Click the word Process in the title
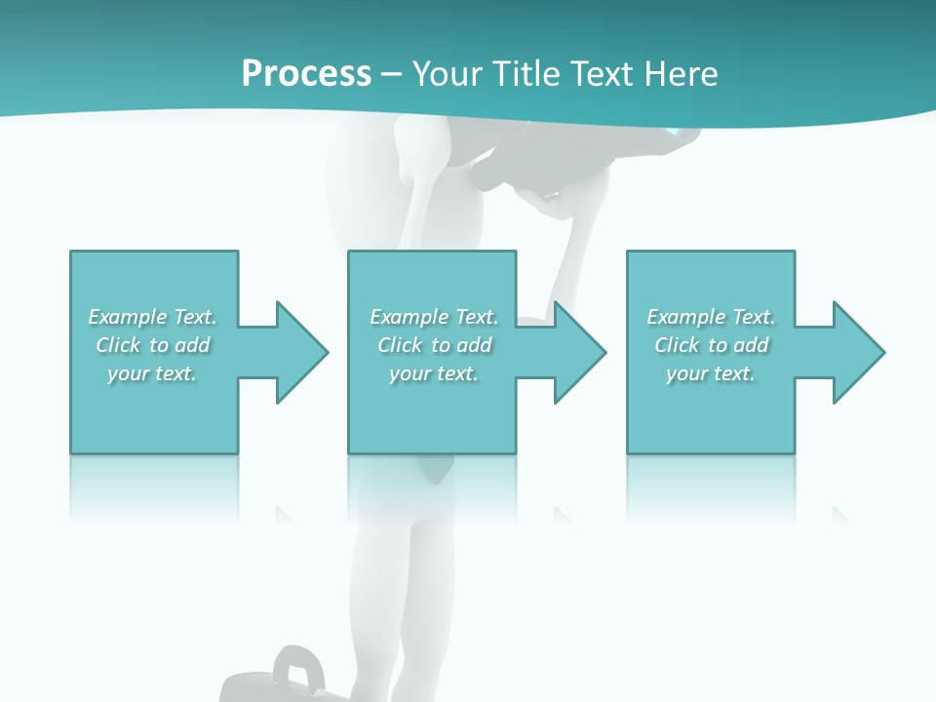[x=306, y=74]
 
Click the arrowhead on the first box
[x=303, y=352]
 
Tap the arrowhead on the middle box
[x=581, y=352]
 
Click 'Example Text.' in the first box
[x=152, y=317]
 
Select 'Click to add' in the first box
[x=153, y=345]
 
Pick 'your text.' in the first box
[x=152, y=373]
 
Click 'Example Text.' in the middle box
[x=434, y=317]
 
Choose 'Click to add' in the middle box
[x=435, y=345]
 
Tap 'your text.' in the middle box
[x=434, y=373]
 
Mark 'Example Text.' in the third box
[x=711, y=317]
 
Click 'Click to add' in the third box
[x=712, y=345]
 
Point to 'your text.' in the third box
[x=711, y=373]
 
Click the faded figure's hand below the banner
[x=546, y=200]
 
